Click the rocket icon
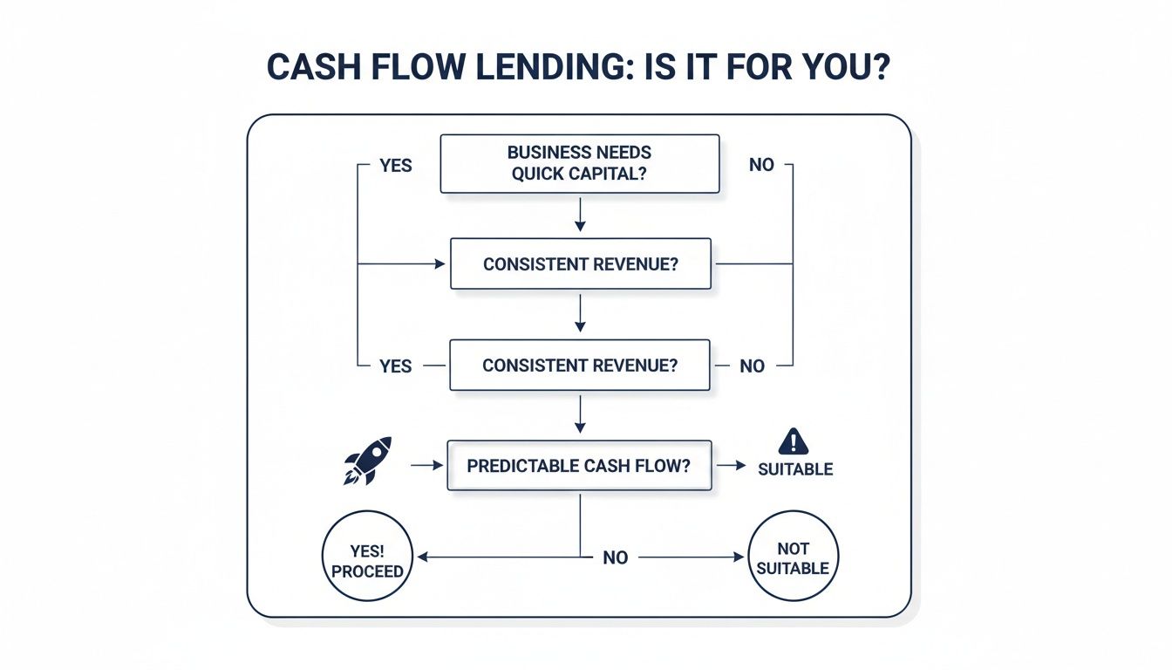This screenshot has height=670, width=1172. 367,461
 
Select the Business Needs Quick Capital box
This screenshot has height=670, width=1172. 580,163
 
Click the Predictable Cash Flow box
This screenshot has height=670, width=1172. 579,466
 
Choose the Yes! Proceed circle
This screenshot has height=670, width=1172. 368,556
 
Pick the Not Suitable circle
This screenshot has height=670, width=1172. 793,557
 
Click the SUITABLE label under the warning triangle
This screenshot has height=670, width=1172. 795,469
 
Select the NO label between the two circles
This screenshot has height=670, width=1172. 616,557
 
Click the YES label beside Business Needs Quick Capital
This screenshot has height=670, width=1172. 396,165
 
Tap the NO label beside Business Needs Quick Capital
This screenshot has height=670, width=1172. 761,165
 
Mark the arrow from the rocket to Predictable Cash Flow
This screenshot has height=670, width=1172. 427,466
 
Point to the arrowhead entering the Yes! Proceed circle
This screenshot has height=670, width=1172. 421,556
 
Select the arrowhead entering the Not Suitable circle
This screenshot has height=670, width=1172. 740,556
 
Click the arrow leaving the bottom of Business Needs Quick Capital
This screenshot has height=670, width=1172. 580,215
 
